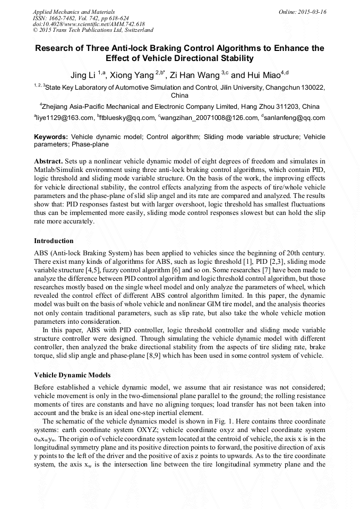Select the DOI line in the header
(89, 24)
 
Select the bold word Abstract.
(48, 161)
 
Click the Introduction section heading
(54, 241)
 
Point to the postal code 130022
(313, 87)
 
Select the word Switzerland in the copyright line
(137, 30)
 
